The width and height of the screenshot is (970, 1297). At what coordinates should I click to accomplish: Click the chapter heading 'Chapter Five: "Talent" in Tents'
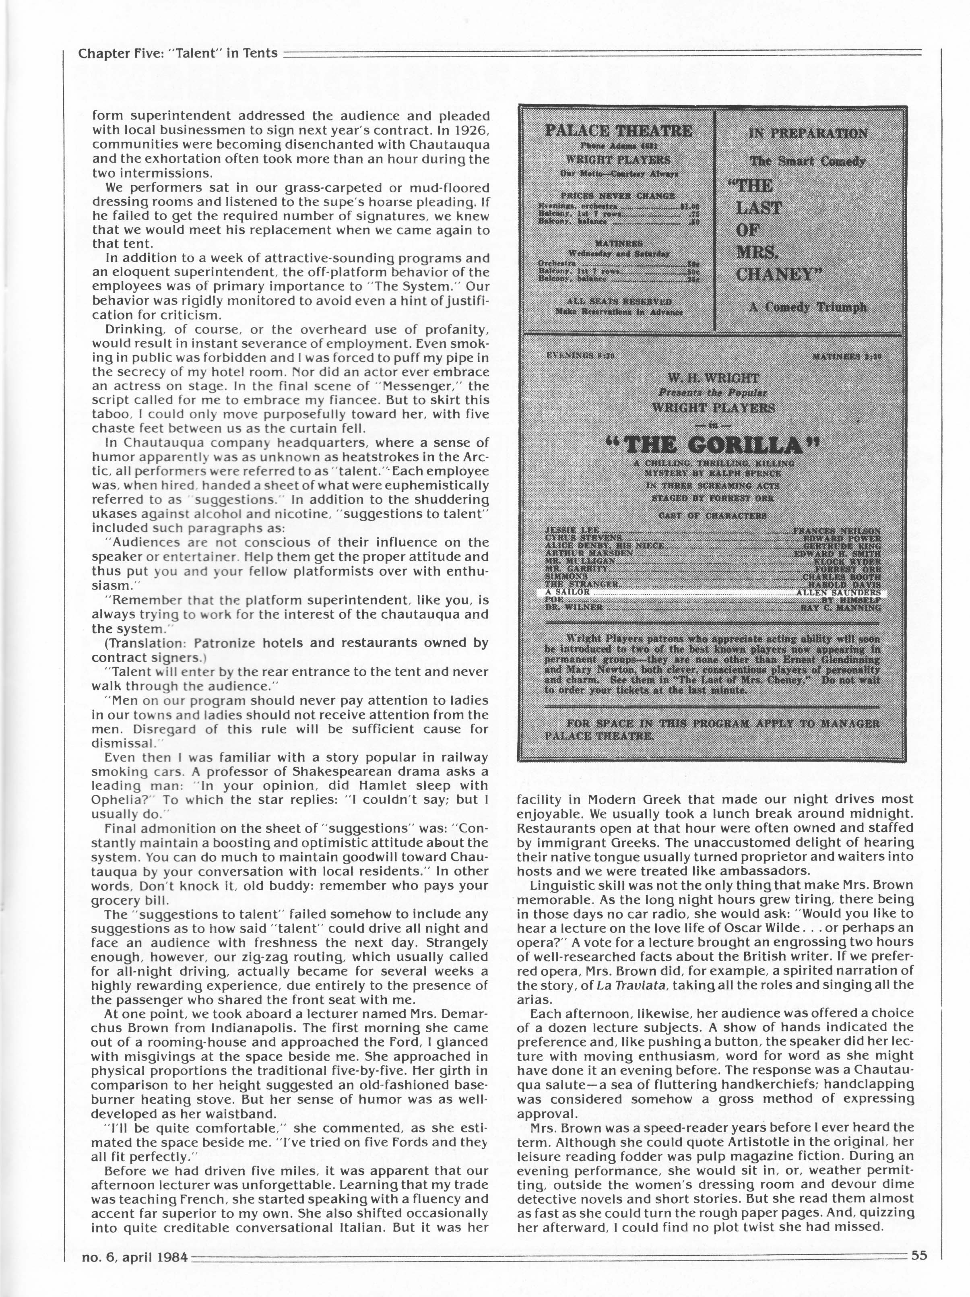[x=177, y=54]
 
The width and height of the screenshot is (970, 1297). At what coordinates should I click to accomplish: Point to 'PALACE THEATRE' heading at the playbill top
[x=618, y=131]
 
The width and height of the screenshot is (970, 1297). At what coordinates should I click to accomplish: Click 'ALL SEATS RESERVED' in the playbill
[x=617, y=302]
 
